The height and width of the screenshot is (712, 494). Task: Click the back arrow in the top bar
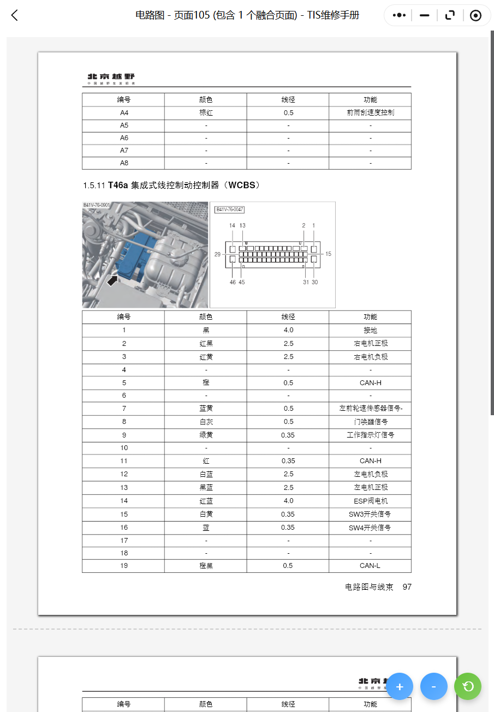tap(15, 15)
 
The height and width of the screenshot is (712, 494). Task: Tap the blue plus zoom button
tap(400, 686)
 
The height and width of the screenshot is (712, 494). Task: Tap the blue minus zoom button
tap(433, 686)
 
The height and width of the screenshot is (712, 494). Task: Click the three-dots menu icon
tap(399, 15)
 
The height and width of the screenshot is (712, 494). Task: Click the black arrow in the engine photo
tap(112, 280)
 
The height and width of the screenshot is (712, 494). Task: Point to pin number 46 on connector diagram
tap(233, 282)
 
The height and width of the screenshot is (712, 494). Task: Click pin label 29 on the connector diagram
tap(217, 254)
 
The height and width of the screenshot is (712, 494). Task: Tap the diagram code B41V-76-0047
tap(230, 209)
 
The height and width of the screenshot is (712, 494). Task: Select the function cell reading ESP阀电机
tap(370, 501)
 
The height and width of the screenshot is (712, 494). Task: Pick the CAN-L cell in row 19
tap(370, 566)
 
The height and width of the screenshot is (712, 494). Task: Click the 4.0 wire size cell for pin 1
tap(288, 330)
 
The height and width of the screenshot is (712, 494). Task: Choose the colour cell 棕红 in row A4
tap(205, 113)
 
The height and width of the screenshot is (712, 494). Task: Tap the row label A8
tap(124, 163)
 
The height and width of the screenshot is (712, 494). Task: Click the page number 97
tap(407, 587)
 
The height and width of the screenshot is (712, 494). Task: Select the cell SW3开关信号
tap(370, 514)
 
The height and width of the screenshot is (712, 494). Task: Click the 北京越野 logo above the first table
tap(111, 77)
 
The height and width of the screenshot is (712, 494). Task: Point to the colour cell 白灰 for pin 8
tap(205, 422)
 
